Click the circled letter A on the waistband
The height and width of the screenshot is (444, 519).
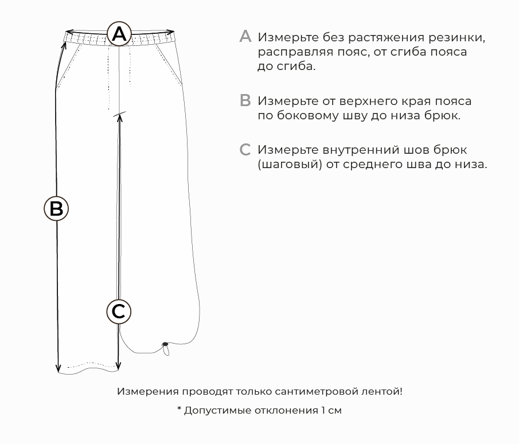point(119,34)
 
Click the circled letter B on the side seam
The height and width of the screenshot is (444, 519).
point(56,209)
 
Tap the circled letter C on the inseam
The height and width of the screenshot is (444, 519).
point(119,311)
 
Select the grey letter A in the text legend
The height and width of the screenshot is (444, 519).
point(245,36)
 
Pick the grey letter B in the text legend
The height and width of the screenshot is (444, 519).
point(245,100)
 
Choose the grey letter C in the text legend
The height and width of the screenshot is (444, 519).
point(245,150)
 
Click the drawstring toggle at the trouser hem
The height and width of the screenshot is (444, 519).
point(165,344)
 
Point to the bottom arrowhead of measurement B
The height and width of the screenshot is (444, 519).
point(58,368)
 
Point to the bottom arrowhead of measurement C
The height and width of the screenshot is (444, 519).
point(119,365)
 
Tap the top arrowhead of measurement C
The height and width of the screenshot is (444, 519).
point(120,118)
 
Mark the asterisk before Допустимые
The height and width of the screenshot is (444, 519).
point(179,408)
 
